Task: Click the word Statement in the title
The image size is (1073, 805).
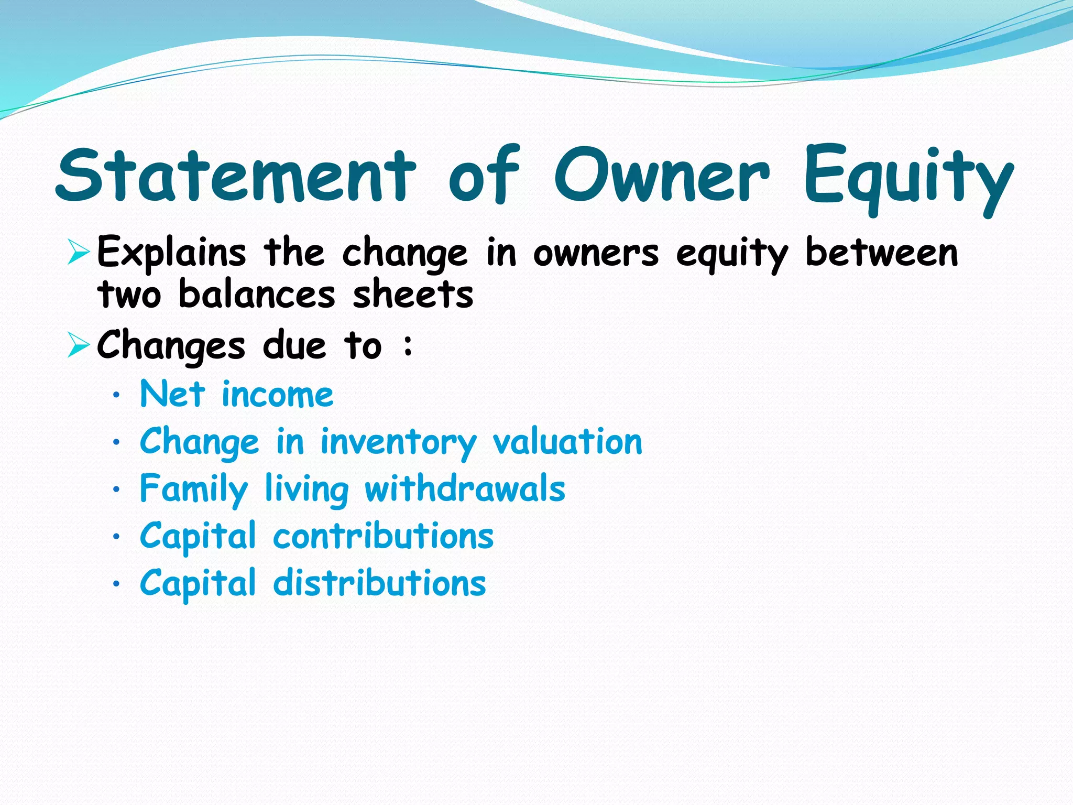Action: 236,176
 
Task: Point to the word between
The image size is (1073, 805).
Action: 881,253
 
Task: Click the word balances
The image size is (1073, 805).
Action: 257,294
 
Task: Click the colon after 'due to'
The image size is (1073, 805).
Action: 408,346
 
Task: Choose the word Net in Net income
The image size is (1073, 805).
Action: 172,394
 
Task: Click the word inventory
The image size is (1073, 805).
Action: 398,442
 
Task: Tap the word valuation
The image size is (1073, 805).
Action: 567,441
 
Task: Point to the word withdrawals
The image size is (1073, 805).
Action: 465,488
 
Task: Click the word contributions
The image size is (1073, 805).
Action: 383,536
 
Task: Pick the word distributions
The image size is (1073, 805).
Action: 380,583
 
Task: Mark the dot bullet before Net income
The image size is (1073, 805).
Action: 116,396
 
